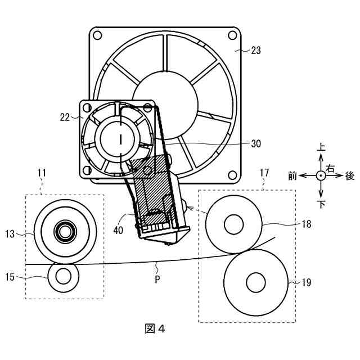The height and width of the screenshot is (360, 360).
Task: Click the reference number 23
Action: (x=256, y=50)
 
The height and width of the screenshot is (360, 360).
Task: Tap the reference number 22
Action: (x=65, y=118)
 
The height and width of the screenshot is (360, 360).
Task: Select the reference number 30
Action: (x=256, y=144)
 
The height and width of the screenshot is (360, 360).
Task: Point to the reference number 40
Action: (x=118, y=230)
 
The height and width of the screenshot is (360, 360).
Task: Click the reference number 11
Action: (x=42, y=173)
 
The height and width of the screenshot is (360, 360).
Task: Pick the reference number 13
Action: (x=10, y=234)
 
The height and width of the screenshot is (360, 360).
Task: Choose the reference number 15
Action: (x=10, y=277)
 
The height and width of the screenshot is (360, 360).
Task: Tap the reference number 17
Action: (x=264, y=173)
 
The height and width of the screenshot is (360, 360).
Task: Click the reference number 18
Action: (x=307, y=224)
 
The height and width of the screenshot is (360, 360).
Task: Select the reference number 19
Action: (x=307, y=282)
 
